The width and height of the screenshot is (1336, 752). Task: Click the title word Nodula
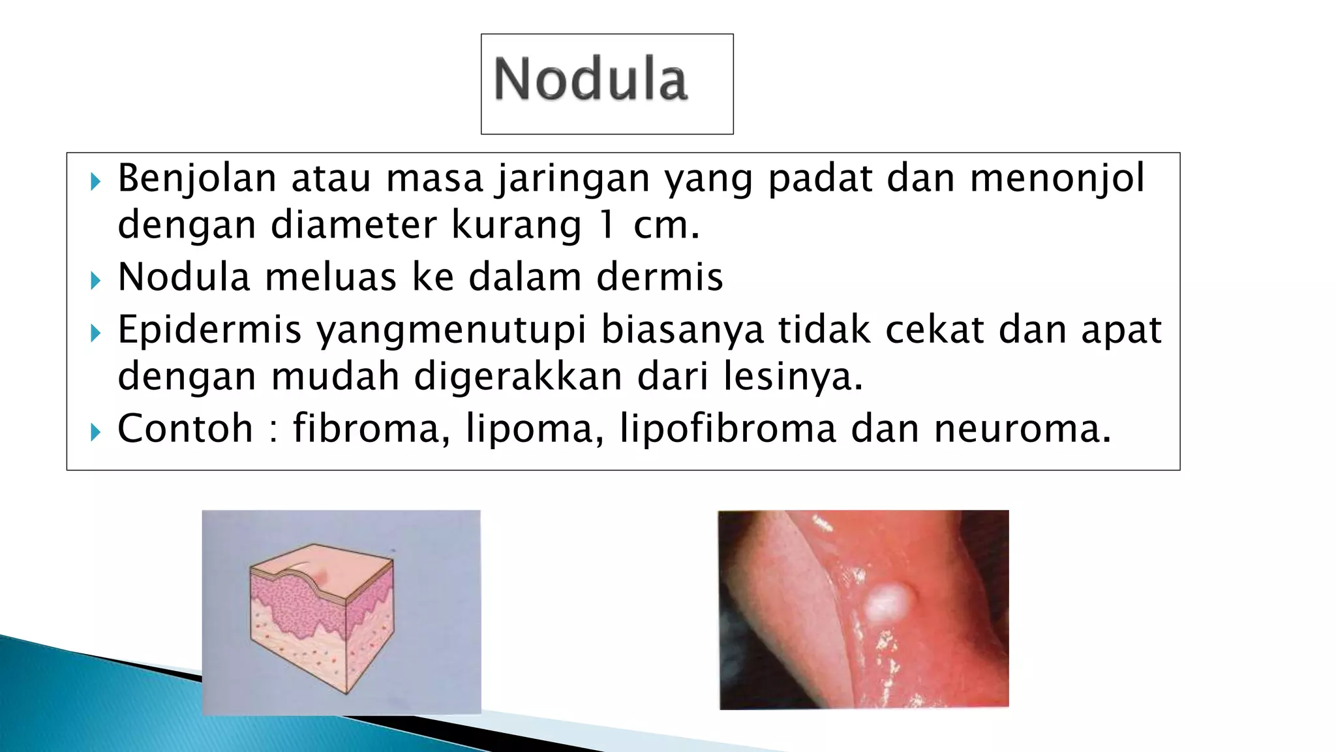coord(590,80)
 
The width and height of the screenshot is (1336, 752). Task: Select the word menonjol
coord(1057,179)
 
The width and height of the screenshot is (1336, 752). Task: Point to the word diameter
coord(354,225)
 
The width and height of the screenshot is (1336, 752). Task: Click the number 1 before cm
coord(607,225)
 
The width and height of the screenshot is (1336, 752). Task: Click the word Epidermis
coord(209,330)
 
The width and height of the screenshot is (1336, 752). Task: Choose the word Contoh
coord(185,429)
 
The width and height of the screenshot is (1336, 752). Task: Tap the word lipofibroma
coord(727,429)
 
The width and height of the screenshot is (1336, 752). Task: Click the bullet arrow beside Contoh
coord(95,431)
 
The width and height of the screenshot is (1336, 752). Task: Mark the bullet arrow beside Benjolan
coord(95,181)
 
